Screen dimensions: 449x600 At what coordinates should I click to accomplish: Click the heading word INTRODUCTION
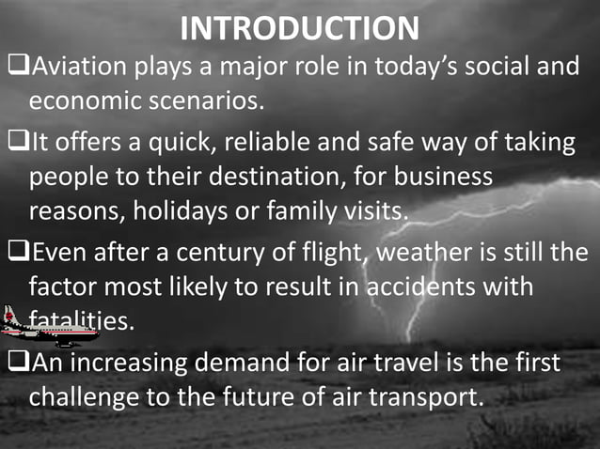(x=299, y=28)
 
